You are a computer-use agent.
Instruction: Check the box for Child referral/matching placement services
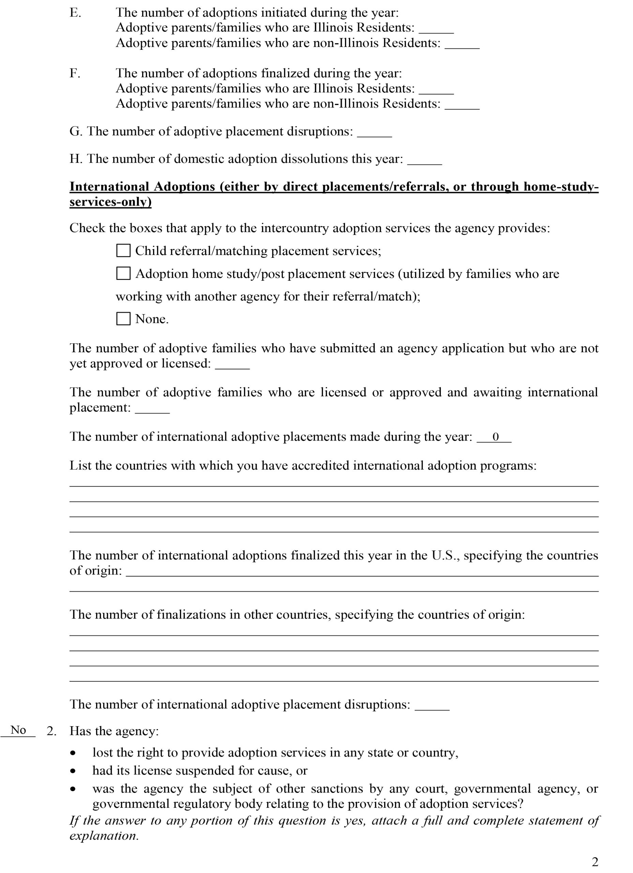123,251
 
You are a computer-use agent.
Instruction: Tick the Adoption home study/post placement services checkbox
123,274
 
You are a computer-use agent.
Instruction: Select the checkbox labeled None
123,319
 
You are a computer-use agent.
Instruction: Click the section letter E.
75,13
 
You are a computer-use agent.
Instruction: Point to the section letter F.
75,73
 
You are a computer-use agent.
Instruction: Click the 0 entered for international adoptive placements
496,437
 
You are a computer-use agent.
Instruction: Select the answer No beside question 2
18,730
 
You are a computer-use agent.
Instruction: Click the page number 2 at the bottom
595,862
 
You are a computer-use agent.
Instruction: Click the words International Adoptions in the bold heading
142,187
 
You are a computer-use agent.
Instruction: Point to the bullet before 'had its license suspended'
73,771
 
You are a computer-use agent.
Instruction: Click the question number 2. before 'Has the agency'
51,731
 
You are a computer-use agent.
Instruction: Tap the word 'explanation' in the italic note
104,836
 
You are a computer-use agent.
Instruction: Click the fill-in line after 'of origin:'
362,572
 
